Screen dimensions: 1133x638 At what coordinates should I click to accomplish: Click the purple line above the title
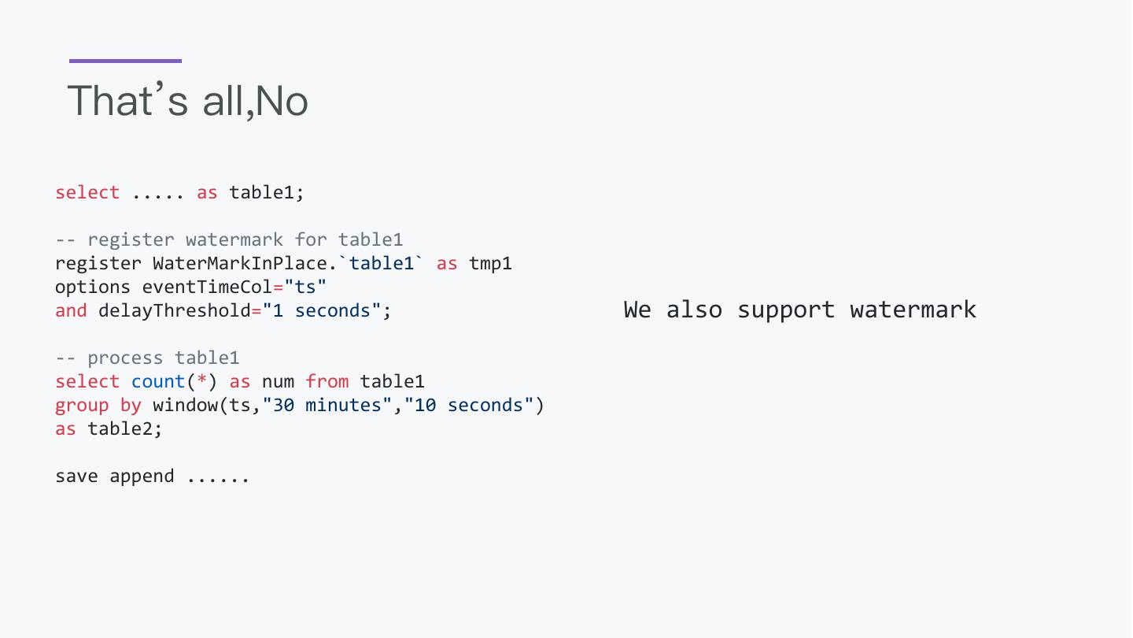tap(125, 61)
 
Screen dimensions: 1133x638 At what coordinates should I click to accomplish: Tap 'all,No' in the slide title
tap(255, 101)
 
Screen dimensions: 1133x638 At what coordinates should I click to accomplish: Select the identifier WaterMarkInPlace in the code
tap(239, 263)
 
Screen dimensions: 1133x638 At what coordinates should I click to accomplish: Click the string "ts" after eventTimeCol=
tap(305, 287)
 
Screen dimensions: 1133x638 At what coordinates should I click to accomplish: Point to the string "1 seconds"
tap(321, 310)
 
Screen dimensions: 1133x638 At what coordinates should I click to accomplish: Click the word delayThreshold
tap(175, 310)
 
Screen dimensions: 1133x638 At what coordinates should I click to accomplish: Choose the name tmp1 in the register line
tap(490, 263)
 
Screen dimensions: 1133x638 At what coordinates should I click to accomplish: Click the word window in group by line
tap(185, 405)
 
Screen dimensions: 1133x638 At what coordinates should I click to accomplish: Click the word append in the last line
tap(142, 477)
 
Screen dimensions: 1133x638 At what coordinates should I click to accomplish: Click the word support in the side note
tap(785, 310)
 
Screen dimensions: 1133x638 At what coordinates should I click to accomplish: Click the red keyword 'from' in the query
tap(327, 381)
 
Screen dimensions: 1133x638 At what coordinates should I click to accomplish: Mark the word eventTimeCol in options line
tap(207, 287)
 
